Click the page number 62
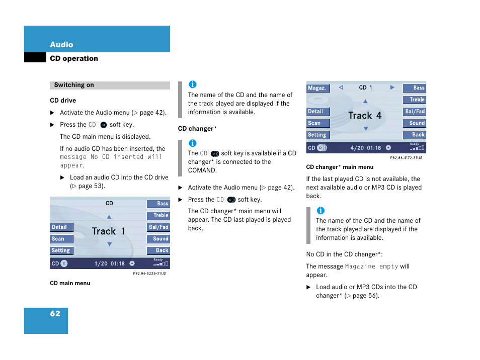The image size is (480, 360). click(x=55, y=314)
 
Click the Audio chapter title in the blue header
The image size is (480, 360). click(x=61, y=45)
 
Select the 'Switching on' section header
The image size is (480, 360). click(x=74, y=85)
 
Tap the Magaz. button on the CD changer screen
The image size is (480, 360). click(x=317, y=88)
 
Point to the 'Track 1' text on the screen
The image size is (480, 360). click(x=109, y=231)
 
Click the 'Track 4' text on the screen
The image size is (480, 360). click(x=365, y=116)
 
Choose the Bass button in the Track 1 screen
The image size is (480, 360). click(x=158, y=204)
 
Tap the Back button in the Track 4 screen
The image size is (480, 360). click(x=415, y=135)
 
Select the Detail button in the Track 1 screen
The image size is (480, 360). click(x=61, y=227)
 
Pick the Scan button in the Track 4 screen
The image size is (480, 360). click(x=317, y=123)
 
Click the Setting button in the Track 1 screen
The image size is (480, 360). click(x=61, y=250)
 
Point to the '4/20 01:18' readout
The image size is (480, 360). click(x=366, y=148)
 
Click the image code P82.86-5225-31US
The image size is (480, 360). click(x=149, y=274)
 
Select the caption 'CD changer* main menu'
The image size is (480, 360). click(x=340, y=167)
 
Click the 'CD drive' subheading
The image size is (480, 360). click(x=63, y=101)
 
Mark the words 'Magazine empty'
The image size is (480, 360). click(x=371, y=266)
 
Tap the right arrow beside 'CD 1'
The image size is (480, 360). click(x=392, y=87)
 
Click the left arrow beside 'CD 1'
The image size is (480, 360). click(x=341, y=87)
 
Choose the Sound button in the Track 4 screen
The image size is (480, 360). click(x=415, y=123)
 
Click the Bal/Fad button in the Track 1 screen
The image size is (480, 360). click(x=158, y=227)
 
